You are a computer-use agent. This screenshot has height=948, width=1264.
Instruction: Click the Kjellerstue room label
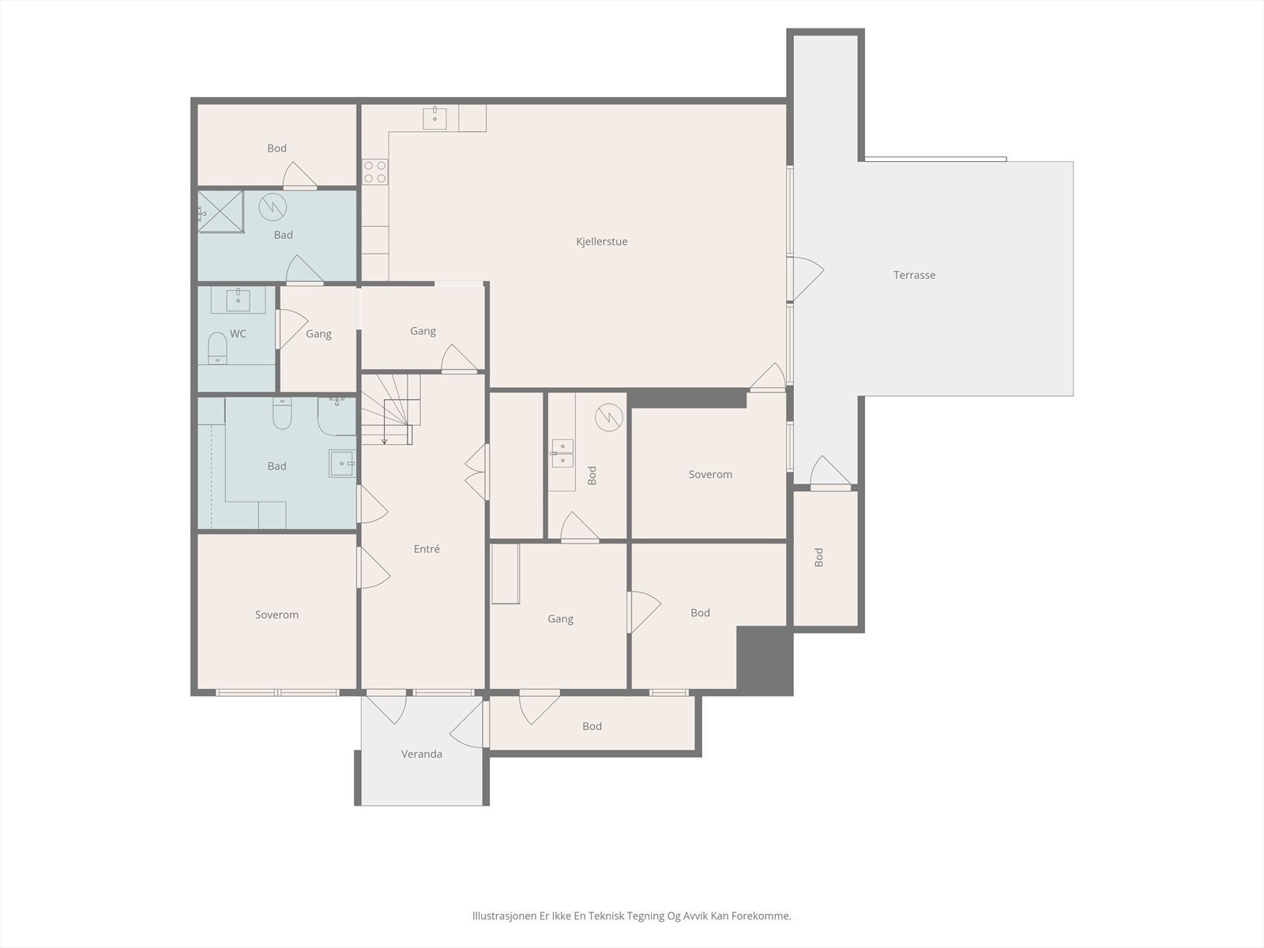click(602, 242)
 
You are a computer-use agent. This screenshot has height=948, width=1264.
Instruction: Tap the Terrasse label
click(914, 275)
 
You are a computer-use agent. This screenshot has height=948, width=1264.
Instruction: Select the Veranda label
click(422, 754)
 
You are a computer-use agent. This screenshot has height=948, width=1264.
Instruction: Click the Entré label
click(427, 549)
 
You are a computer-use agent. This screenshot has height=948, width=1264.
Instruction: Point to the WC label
click(238, 334)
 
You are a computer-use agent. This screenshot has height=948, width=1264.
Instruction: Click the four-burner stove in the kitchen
click(375, 171)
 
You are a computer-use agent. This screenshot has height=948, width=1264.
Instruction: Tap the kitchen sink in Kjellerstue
click(434, 118)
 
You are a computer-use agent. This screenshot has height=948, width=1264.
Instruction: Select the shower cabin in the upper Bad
click(220, 212)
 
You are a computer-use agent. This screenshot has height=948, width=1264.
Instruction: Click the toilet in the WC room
click(217, 348)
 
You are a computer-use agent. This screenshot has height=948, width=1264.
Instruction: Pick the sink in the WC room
click(238, 299)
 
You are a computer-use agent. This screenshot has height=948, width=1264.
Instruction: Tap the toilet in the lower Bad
click(282, 412)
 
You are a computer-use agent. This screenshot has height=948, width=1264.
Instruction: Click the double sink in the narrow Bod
click(562, 453)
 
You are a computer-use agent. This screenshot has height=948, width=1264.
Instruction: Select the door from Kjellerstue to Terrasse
click(807, 279)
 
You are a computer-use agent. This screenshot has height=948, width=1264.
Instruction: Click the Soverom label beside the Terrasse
click(710, 475)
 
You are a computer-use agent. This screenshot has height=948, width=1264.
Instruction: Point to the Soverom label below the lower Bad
click(276, 615)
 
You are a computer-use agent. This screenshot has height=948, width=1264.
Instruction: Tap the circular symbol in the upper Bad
click(273, 207)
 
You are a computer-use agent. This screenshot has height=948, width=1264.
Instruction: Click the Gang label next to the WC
click(318, 334)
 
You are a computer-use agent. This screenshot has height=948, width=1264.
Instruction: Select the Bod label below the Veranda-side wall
click(592, 726)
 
